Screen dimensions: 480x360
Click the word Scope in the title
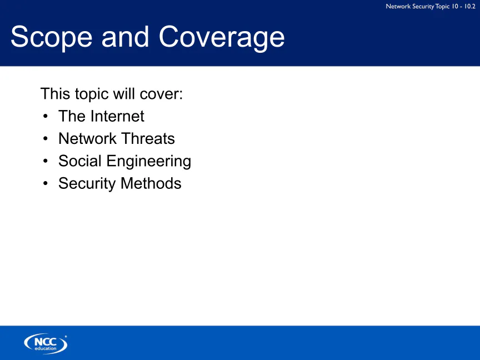point(52,37)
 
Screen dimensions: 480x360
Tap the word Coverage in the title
point(222,38)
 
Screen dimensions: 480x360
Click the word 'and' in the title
point(125,37)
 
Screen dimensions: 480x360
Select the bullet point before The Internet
point(46,116)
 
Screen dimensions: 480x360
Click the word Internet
point(118,116)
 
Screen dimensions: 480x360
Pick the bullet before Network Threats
point(46,139)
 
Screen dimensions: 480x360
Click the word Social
point(80,161)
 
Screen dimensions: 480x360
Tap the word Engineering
point(149,162)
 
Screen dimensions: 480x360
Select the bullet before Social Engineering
point(46,161)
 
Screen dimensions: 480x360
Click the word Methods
point(151,183)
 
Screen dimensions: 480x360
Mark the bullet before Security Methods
point(46,183)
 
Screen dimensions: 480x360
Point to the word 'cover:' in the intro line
point(161,94)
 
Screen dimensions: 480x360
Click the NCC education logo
point(46,343)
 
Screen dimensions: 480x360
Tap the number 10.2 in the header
point(470,6)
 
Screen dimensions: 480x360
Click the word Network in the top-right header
point(398,6)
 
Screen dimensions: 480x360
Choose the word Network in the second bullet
point(88,139)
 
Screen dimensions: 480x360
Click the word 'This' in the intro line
point(56,94)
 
